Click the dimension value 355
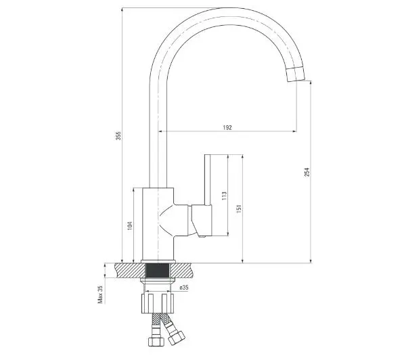[x=118, y=136]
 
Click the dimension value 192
[x=227, y=127]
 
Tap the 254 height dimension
[x=307, y=173]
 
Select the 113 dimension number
[x=224, y=196]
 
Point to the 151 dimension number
[x=239, y=208]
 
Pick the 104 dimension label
[x=130, y=225]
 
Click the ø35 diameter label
[x=184, y=288]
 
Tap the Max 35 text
[x=100, y=294]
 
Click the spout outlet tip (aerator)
[x=296, y=74]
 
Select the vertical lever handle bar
[x=208, y=180]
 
